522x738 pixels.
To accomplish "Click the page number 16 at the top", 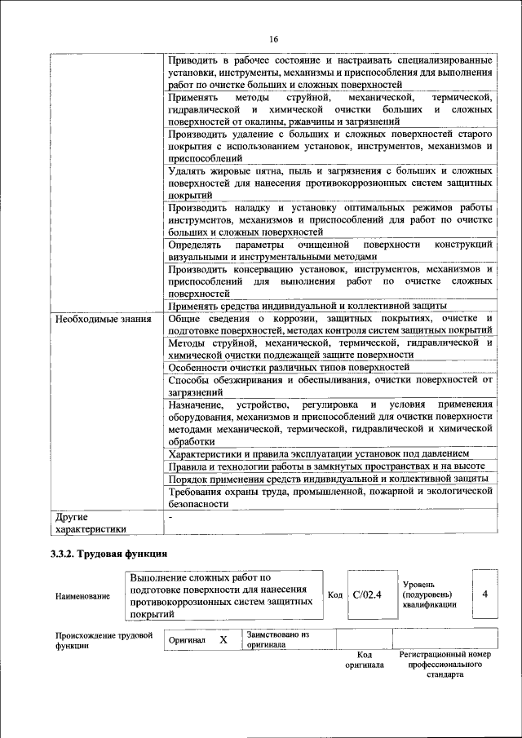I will coord(274,39).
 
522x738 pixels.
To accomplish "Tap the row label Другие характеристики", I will coord(89,523).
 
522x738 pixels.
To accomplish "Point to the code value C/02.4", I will coord(368,594).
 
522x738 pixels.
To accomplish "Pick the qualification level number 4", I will coord(484,594).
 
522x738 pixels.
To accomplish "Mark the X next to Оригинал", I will coord(223,640).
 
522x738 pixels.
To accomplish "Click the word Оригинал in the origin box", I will coord(186,641).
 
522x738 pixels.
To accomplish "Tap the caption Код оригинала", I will coord(365,660).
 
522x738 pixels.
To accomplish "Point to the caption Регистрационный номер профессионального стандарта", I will coord(445,665).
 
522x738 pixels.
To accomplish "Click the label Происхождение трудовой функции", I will coord(104,640).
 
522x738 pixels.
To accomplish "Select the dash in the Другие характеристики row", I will coord(170,517).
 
